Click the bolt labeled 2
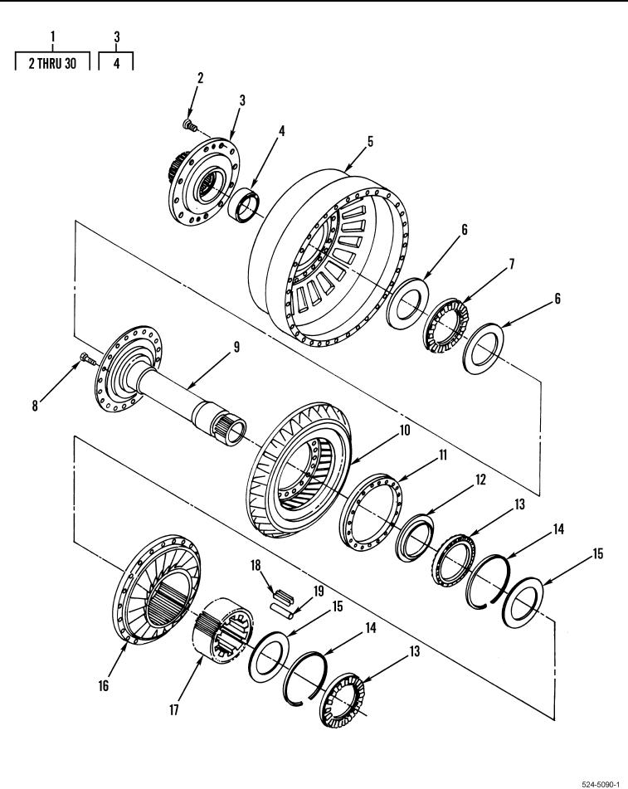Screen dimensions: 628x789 190,124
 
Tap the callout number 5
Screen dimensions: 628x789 370,141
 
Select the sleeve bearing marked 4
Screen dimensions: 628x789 245,204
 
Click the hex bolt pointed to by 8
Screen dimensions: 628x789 88,358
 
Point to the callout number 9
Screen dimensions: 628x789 236,347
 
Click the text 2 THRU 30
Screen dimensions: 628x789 52,63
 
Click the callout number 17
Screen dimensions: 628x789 173,710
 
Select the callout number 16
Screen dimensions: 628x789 103,685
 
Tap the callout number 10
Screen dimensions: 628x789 405,431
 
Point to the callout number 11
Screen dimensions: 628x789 442,455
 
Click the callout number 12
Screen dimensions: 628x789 480,480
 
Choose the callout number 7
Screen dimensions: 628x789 512,264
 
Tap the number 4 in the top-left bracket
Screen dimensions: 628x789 116,63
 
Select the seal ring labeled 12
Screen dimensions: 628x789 414,538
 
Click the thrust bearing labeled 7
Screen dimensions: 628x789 445,325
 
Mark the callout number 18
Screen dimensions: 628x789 256,565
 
